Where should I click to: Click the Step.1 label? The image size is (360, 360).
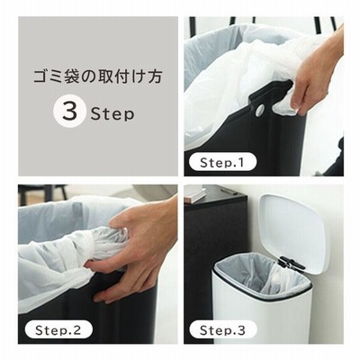pyautogui.click(x=222, y=162)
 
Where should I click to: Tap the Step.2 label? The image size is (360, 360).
pyautogui.click(x=58, y=330)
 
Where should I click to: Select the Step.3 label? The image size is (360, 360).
pyautogui.click(x=222, y=330)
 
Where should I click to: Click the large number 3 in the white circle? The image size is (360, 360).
pyautogui.click(x=70, y=112)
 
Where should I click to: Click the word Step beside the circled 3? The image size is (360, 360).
pyautogui.click(x=112, y=114)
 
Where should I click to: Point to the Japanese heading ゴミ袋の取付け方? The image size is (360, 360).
pyautogui.click(x=98, y=76)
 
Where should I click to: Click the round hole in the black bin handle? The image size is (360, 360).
pyautogui.click(x=260, y=109)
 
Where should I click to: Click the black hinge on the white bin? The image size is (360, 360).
pyautogui.click(x=291, y=263)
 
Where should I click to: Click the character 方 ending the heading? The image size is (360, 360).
pyautogui.click(x=155, y=76)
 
